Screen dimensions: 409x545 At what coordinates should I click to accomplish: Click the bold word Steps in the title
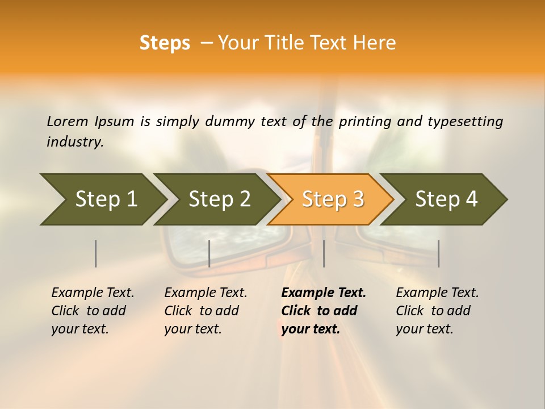click(x=165, y=43)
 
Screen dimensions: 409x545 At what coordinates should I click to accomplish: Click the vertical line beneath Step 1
click(x=95, y=253)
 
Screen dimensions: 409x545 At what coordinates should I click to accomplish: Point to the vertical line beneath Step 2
click(x=209, y=253)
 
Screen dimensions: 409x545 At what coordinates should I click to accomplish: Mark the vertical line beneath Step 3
click(x=324, y=253)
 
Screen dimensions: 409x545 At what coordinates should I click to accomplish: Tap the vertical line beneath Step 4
click(x=438, y=253)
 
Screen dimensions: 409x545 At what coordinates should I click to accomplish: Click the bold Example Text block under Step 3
click(x=324, y=311)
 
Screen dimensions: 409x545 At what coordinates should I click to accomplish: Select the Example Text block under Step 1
click(x=93, y=311)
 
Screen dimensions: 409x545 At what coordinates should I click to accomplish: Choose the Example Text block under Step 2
click(x=206, y=311)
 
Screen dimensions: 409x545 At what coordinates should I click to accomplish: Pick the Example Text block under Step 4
click(x=437, y=311)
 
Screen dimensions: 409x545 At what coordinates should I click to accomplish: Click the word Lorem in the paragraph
click(x=68, y=121)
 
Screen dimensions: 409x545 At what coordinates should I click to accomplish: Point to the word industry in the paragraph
click(x=74, y=142)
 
